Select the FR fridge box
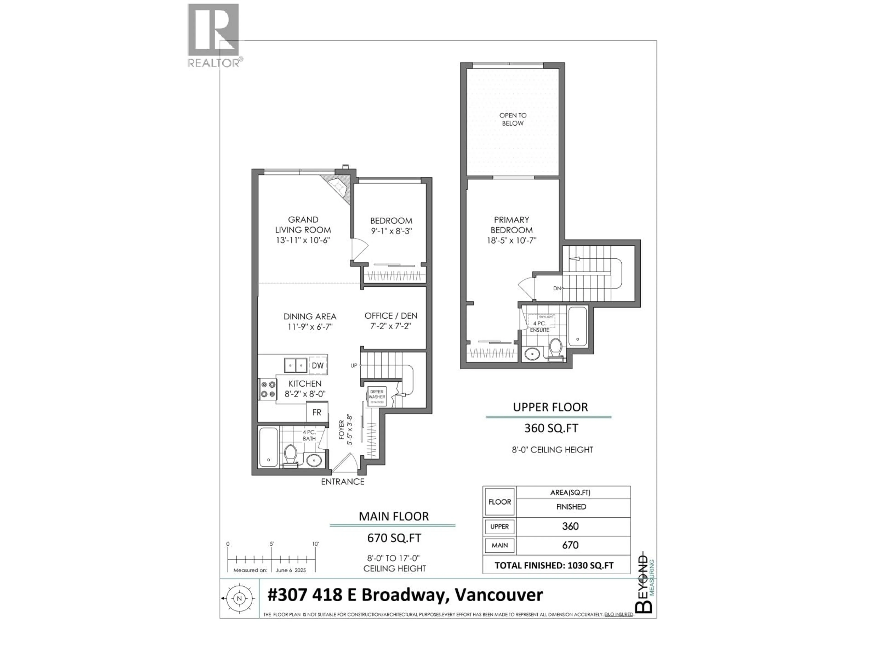[x=317, y=412]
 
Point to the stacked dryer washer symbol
[x=377, y=397]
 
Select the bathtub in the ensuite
[x=577, y=326]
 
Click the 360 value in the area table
[x=570, y=526]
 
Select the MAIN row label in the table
[x=499, y=545]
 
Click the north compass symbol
[x=239, y=599]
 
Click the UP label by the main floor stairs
[x=354, y=365]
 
